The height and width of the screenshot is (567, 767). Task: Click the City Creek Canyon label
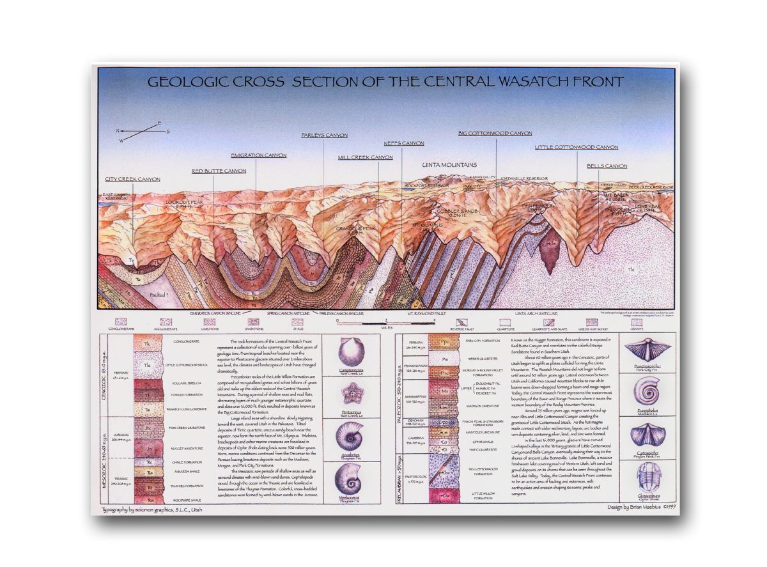click(132, 179)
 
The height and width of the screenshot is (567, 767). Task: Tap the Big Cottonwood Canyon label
click(495, 133)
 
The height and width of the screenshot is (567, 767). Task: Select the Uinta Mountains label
click(449, 165)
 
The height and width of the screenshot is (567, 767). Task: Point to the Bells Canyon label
click(607, 166)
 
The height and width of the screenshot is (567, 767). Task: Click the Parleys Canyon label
click(325, 136)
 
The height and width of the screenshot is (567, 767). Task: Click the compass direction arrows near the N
click(141, 131)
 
